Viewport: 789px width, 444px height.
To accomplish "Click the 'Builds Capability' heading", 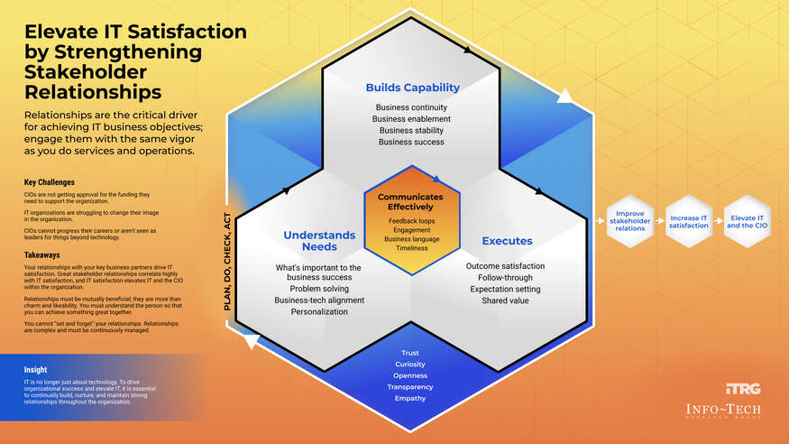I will tap(412, 88).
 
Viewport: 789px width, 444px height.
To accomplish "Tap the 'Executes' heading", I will tap(507, 241).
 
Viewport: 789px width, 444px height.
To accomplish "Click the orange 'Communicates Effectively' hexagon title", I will tap(410, 201).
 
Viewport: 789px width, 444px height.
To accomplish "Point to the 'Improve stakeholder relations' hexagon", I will tap(629, 219).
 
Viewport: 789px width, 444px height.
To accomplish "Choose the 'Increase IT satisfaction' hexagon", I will tap(689, 219).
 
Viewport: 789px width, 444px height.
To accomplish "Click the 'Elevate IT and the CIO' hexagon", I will tap(748, 219).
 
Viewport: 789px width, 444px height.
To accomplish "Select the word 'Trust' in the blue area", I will tap(410, 353).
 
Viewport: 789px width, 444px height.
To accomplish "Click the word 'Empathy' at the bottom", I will tap(410, 398).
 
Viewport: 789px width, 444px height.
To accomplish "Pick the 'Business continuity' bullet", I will tap(411, 107).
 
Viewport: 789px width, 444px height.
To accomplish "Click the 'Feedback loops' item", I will tap(410, 221).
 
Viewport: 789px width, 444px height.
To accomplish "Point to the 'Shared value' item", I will tap(505, 301).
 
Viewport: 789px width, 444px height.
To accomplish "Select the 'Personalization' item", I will tap(317, 311).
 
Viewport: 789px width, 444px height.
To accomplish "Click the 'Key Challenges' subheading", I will tap(50, 181).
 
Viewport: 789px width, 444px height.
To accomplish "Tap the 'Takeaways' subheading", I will tap(42, 255).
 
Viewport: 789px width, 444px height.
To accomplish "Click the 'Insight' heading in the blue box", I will tap(36, 369).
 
